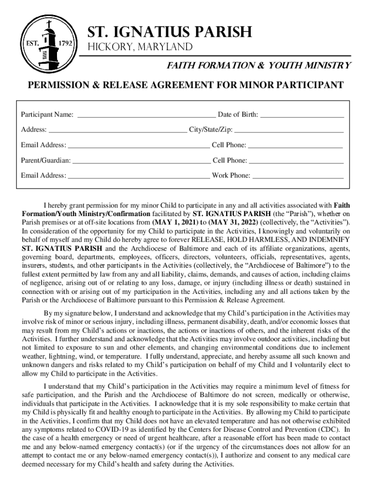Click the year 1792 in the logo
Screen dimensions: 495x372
pyautogui.click(x=65, y=43)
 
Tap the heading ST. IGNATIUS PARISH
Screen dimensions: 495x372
pyautogui.click(x=169, y=32)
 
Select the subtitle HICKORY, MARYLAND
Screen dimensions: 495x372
pyautogui.click(x=140, y=47)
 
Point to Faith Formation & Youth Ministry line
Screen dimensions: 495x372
pyautogui.click(x=259, y=65)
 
